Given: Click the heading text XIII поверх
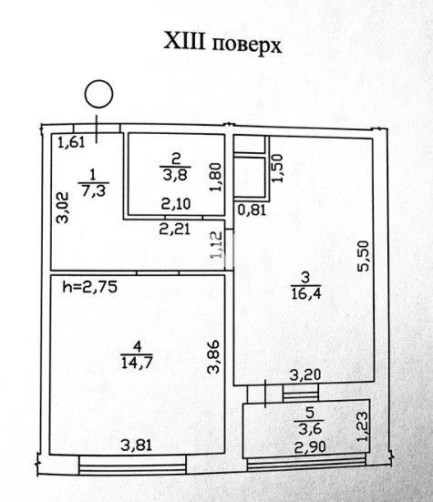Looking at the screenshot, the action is [x=222, y=43].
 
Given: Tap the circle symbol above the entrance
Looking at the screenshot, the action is [x=98, y=80].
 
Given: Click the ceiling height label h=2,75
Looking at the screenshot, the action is [x=90, y=287].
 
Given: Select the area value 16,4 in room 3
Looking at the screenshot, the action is [x=306, y=293].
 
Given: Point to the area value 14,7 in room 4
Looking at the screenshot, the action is [x=137, y=363].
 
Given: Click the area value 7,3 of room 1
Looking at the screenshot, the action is [x=94, y=191].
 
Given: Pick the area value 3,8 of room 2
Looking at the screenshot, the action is [x=176, y=176].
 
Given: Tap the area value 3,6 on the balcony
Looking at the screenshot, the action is [x=310, y=429].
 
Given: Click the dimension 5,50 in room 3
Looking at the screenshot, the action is [x=363, y=256].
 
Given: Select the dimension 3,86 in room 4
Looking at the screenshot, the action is [x=213, y=356].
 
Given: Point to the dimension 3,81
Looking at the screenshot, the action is [x=137, y=445].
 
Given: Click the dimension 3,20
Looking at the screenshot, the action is [x=305, y=374].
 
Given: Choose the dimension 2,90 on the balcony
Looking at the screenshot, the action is [x=310, y=446].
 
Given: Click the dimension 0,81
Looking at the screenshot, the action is [x=252, y=210].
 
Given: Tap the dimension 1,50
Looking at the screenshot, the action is [x=277, y=168].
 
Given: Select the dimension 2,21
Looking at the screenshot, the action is [x=175, y=229].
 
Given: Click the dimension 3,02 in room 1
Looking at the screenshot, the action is [x=62, y=208].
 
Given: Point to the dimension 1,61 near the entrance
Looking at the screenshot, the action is [x=72, y=142].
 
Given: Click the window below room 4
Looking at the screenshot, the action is [x=132, y=466].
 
